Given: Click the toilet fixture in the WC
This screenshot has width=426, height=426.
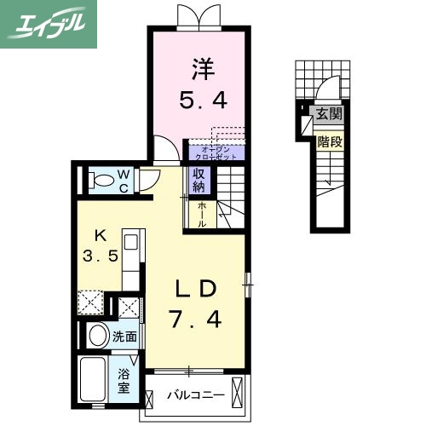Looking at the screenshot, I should pos(100,179).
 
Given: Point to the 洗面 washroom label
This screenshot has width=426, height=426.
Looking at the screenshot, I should pos(124,337).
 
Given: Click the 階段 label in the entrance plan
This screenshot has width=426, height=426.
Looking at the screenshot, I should pos(329,142).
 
